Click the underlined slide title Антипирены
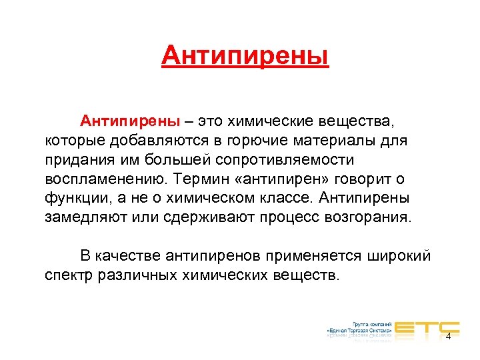[x=245, y=56]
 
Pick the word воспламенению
[x=104, y=180]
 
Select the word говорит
[x=366, y=180]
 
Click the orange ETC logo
[x=426, y=327]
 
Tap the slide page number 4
[x=448, y=337]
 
